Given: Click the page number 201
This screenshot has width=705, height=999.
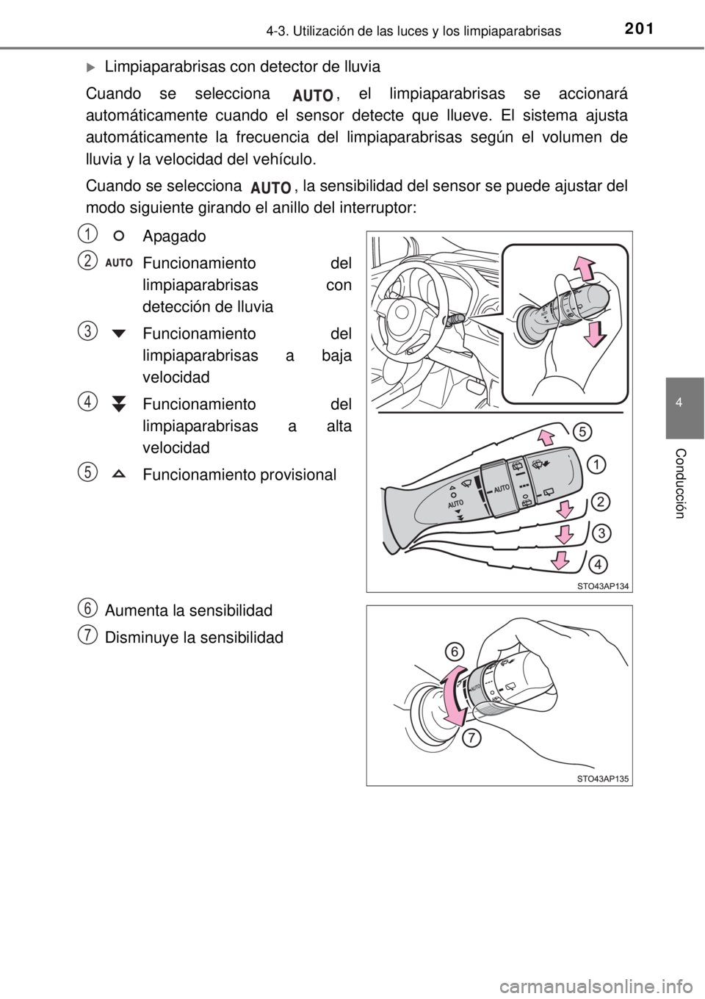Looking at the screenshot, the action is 639,29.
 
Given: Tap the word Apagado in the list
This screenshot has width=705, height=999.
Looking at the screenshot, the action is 174,237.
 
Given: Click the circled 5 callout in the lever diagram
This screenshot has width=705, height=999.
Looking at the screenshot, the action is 582,432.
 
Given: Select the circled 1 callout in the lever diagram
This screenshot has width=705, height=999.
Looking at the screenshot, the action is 596,465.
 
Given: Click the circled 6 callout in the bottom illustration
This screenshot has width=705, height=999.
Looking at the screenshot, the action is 455,652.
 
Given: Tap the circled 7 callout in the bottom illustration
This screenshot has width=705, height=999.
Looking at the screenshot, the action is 471,738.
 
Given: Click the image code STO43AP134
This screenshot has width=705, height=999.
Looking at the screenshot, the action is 602,587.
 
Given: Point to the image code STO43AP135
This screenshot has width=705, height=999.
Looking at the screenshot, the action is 602,779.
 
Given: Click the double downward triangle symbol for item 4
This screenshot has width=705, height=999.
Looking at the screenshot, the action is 119,403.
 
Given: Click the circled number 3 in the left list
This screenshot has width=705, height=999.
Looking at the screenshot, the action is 90,331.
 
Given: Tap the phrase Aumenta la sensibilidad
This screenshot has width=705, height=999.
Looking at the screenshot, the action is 189,610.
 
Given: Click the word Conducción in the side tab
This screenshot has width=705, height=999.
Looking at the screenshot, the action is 680,484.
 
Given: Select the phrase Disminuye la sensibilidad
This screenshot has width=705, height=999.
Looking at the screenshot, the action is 194,638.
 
